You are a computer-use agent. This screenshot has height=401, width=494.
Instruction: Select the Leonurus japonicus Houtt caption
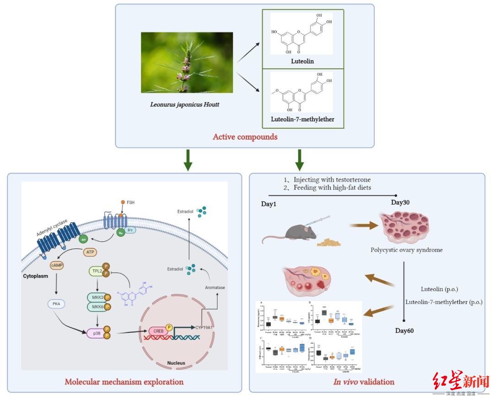coord(184,104)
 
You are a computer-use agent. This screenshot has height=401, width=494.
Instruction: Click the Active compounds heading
coord(246,136)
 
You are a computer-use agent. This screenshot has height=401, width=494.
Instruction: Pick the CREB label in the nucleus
coord(156,331)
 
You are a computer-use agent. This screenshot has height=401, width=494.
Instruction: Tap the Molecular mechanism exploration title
coord(124,382)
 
